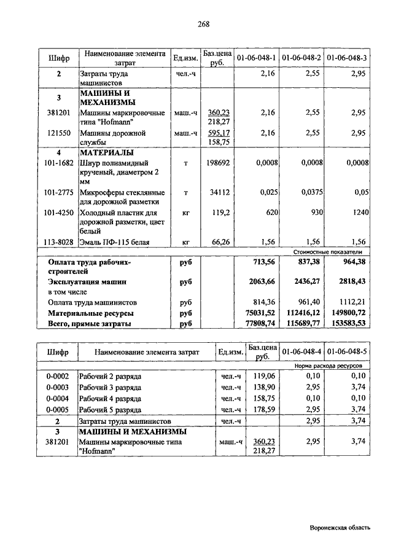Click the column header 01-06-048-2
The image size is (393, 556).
click(x=302, y=58)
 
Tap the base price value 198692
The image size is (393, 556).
click(x=218, y=163)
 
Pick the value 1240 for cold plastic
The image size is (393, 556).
click(x=359, y=212)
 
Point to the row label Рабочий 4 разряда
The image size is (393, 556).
click(x=110, y=399)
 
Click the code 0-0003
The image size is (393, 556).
click(x=57, y=388)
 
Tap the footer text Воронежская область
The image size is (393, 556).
click(x=340, y=527)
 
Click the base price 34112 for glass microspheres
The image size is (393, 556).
click(x=220, y=192)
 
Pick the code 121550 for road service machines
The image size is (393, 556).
click(x=59, y=133)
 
